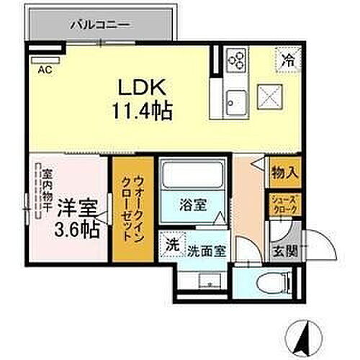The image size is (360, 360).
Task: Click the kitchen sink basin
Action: point(235,99)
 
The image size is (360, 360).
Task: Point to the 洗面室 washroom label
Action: point(207,252)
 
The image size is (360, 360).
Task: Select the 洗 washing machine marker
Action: point(171,244)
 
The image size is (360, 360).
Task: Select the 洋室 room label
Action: point(78,207)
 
